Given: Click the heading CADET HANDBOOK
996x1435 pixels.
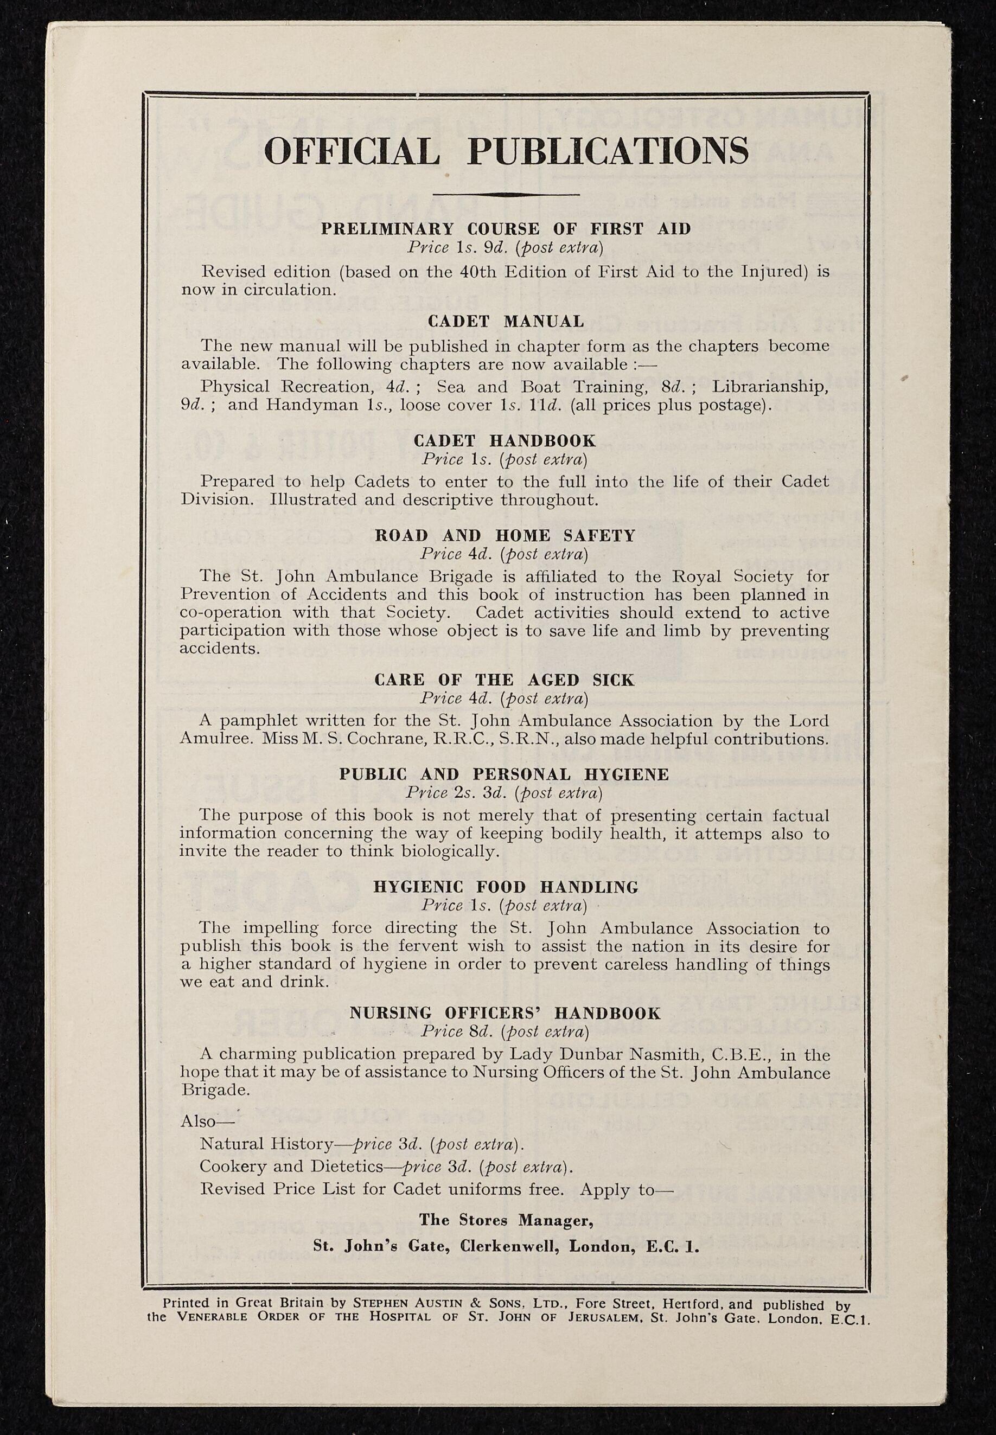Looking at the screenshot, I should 505,441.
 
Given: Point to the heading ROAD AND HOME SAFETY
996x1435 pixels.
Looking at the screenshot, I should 505,536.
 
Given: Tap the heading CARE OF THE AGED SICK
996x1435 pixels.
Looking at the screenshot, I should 505,680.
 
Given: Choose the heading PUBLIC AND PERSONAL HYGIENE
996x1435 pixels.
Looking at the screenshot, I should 505,774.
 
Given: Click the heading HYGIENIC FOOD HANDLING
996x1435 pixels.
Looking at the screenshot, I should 506,887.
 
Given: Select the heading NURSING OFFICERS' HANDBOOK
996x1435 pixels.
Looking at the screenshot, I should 505,1013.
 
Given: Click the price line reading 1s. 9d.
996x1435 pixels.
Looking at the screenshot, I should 505,248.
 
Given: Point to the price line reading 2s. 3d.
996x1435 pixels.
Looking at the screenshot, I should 505,792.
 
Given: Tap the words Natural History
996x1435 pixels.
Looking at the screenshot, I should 266,1144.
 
